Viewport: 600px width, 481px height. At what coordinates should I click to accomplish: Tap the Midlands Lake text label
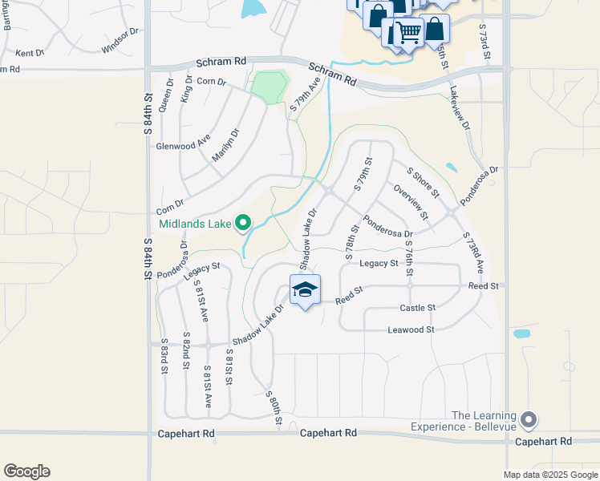(x=195, y=224)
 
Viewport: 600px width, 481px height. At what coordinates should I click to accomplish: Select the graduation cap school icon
(x=305, y=290)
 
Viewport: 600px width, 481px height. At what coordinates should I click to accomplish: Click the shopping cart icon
(x=408, y=33)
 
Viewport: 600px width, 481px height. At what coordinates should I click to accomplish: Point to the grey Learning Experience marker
(x=528, y=418)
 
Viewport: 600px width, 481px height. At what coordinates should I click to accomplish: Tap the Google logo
(x=26, y=471)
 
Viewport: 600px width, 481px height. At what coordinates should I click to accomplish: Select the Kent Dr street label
(x=30, y=53)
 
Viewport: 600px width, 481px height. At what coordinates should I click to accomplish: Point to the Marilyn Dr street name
(x=225, y=146)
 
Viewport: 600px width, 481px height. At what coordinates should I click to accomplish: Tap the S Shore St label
(x=423, y=182)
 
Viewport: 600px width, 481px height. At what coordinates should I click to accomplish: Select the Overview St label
(x=411, y=202)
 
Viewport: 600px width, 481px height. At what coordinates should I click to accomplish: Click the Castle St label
(x=417, y=308)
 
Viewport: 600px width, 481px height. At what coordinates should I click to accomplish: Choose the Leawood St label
(x=411, y=329)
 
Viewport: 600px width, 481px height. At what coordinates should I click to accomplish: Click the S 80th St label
(x=274, y=406)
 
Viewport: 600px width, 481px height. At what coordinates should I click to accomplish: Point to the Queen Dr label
(x=166, y=97)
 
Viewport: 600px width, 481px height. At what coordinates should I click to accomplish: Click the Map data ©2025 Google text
(x=550, y=475)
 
